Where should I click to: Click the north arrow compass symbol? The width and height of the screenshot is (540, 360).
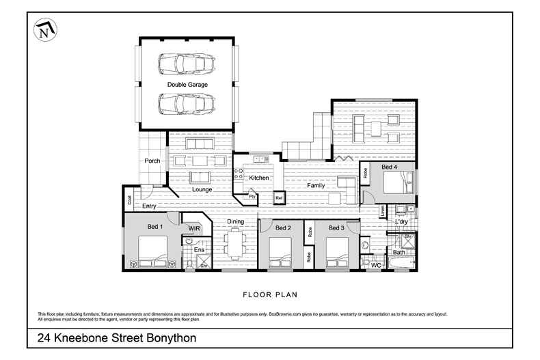pyautogui.click(x=44, y=30)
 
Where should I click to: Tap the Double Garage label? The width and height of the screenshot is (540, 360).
pyautogui.click(x=187, y=85)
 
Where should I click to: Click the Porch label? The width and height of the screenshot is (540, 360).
pyautogui.click(x=152, y=161)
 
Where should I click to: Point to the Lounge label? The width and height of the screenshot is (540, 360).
pyautogui.click(x=202, y=189)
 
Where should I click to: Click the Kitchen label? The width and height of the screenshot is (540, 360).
pyautogui.click(x=259, y=178)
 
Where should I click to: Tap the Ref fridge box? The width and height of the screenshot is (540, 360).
pyautogui.click(x=279, y=198)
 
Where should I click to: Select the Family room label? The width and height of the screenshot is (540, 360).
pyautogui.click(x=316, y=186)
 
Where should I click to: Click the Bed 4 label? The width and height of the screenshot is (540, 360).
pyautogui.click(x=388, y=167)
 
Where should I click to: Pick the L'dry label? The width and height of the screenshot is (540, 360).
pyautogui.click(x=402, y=221)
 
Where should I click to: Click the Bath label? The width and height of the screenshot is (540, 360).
pyautogui.click(x=399, y=252)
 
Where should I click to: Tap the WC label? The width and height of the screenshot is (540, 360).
pyautogui.click(x=375, y=264)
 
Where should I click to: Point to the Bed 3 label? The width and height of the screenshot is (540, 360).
pyautogui.click(x=336, y=227)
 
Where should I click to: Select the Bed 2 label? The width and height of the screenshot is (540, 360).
pyautogui.click(x=284, y=227)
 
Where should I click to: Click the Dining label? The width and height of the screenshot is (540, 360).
pyautogui.click(x=235, y=221)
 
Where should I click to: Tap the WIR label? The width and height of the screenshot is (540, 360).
pyautogui.click(x=194, y=227)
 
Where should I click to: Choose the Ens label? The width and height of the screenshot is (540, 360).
pyautogui.click(x=199, y=250)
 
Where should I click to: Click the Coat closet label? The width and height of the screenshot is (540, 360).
pyautogui.click(x=129, y=200)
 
